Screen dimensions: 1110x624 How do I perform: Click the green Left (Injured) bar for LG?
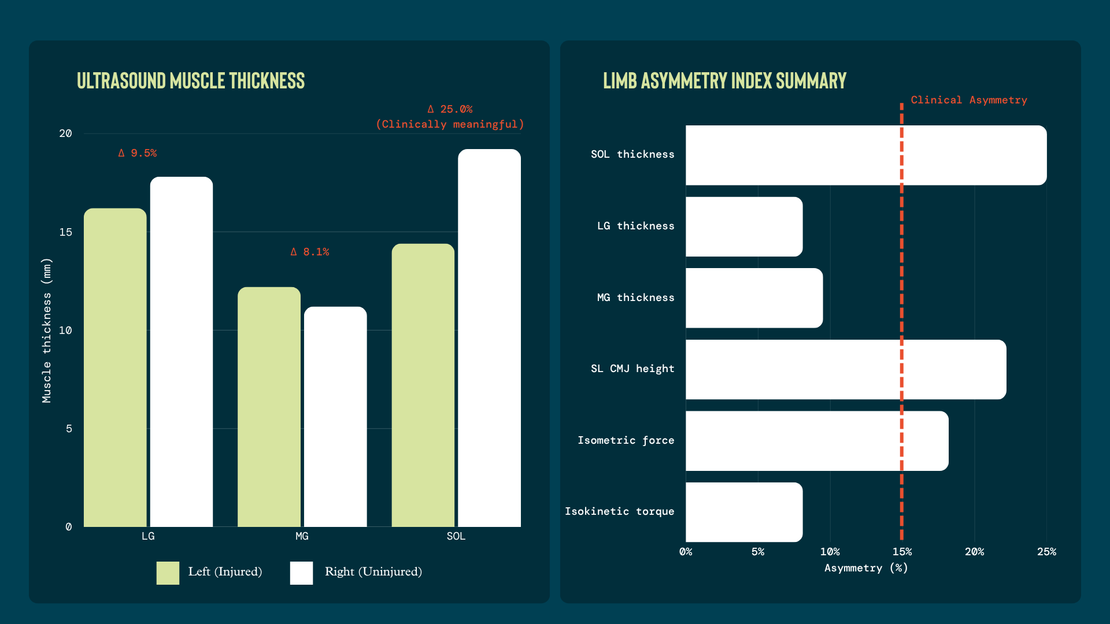[x=115, y=367]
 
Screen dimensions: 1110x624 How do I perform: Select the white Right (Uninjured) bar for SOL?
[x=489, y=338]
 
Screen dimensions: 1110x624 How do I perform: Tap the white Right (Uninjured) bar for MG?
[x=335, y=417]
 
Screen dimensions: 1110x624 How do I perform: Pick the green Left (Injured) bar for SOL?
[x=423, y=385]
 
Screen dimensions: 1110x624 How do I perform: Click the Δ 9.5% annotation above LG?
[x=138, y=153]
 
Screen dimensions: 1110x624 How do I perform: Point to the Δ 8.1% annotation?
[x=310, y=252]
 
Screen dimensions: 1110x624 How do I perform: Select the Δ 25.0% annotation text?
[x=450, y=109]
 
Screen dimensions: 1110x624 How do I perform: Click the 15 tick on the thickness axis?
[x=66, y=232]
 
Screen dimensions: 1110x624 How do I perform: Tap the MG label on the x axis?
[x=302, y=536]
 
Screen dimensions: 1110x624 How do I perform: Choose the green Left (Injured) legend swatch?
[x=168, y=573]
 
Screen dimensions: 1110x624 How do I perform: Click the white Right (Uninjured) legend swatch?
[x=301, y=573]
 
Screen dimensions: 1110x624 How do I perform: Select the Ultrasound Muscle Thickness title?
[x=191, y=81]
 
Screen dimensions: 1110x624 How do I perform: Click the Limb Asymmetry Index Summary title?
[x=724, y=81]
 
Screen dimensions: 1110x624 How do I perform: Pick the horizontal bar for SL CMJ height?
[x=846, y=369]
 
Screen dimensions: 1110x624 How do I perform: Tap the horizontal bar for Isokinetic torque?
[x=744, y=512]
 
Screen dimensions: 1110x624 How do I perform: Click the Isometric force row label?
[x=626, y=440]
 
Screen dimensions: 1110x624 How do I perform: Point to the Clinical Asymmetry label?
[x=969, y=100]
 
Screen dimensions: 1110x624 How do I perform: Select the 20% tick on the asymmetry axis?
[x=974, y=552]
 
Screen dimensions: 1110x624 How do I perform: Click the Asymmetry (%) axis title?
[x=866, y=568]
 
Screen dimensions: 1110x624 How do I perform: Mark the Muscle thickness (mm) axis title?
[x=47, y=330]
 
